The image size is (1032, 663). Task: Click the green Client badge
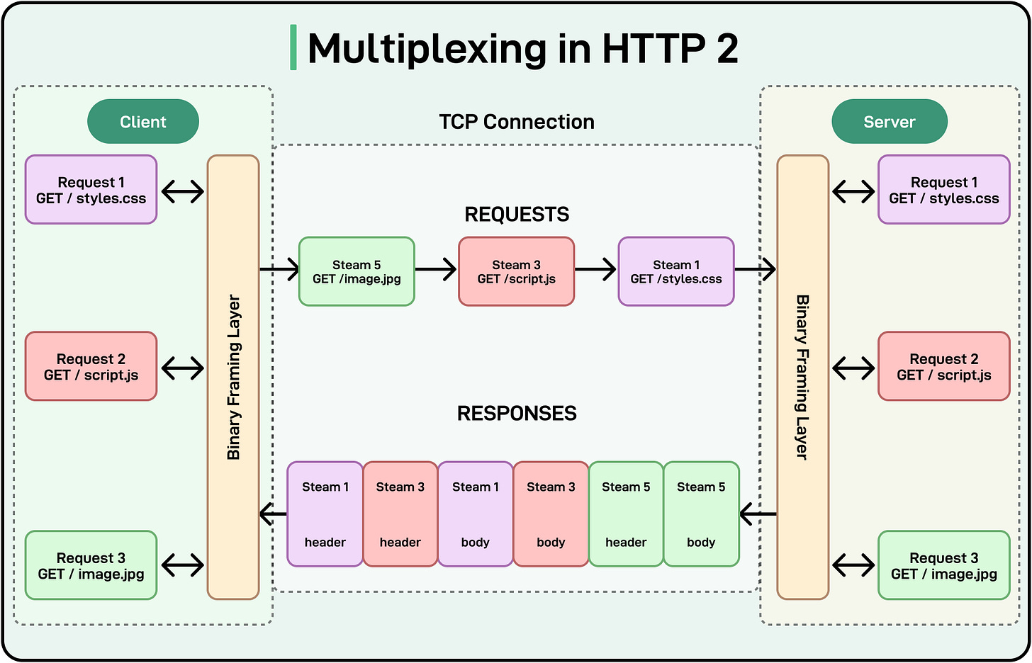(x=143, y=122)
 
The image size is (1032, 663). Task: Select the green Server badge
(x=889, y=122)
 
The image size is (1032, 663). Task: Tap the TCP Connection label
(x=516, y=122)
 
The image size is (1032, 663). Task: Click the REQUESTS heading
(x=516, y=215)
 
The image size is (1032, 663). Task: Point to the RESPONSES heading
(x=516, y=414)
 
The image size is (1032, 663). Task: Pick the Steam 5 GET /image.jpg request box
(x=357, y=272)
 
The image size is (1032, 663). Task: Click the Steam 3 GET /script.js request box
(x=516, y=272)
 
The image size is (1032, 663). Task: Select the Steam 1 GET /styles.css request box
(x=676, y=272)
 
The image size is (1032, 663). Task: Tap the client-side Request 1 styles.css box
(x=91, y=190)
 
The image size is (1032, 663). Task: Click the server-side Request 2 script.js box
(x=943, y=367)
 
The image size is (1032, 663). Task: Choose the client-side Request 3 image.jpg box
(x=91, y=566)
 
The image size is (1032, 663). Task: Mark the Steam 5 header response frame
(x=626, y=514)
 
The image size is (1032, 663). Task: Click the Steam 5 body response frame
(x=701, y=514)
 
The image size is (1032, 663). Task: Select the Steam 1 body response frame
(x=476, y=514)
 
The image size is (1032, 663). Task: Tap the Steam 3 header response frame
(x=400, y=514)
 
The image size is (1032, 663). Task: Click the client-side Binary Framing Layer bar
(x=233, y=377)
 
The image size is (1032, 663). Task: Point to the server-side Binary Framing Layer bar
(x=802, y=377)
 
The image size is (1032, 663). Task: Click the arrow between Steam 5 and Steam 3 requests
(x=436, y=269)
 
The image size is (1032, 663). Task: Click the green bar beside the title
(x=293, y=47)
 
